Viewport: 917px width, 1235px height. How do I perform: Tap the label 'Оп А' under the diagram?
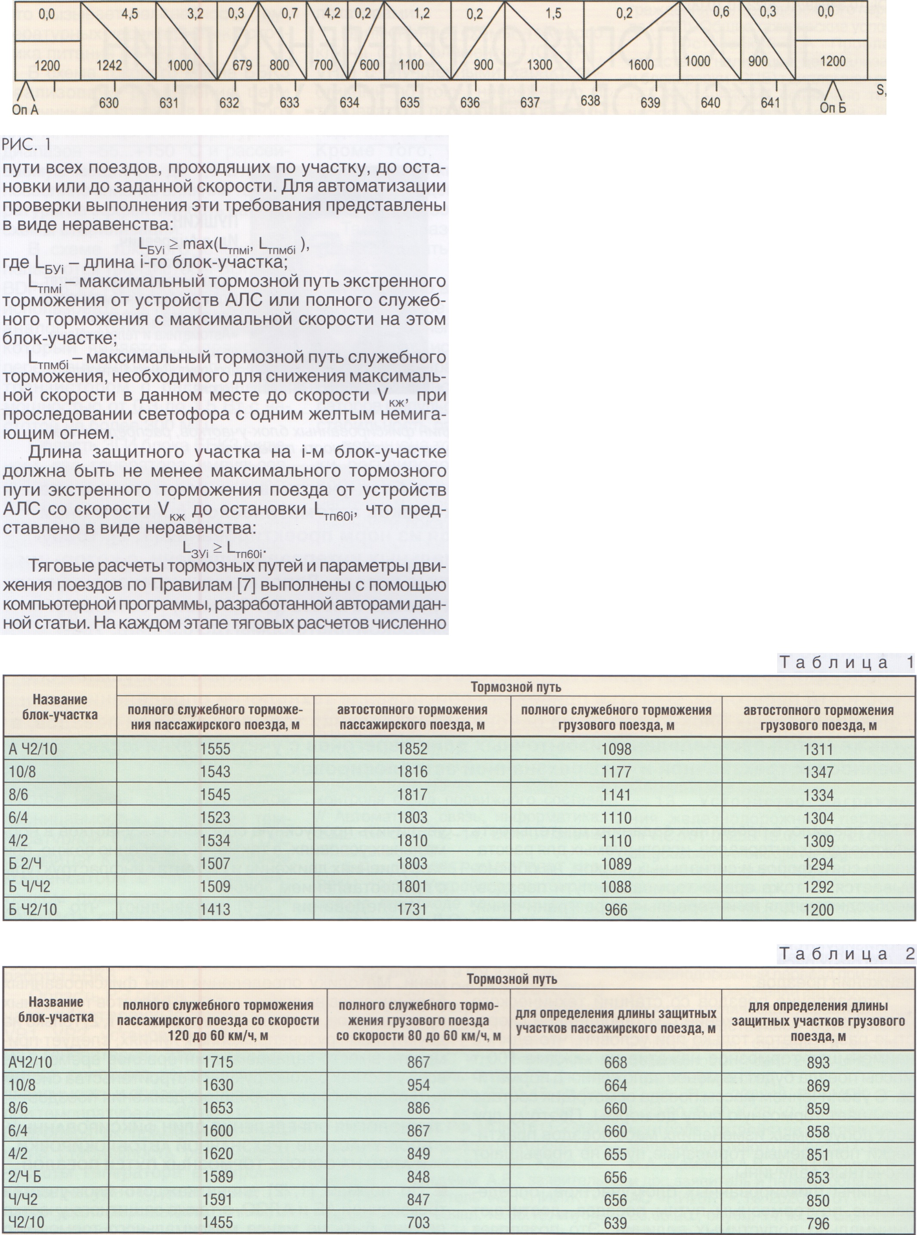[x=25, y=109]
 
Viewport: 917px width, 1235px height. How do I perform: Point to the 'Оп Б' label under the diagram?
[x=833, y=108]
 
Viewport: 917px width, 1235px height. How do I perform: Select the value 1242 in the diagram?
[x=109, y=65]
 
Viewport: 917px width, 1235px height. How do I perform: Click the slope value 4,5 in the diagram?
[x=130, y=14]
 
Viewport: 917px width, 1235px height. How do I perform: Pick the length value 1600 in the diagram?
[x=641, y=65]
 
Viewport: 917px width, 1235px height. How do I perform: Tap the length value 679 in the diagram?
[x=242, y=65]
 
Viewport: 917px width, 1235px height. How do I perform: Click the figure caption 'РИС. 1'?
[x=27, y=145]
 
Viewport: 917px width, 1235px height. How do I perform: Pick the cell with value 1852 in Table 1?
[x=412, y=749]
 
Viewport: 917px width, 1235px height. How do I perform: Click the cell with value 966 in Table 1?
[x=616, y=909]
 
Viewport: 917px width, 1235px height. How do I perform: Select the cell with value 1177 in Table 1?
[x=616, y=772]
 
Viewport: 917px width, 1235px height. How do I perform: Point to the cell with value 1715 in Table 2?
[x=218, y=1062]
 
